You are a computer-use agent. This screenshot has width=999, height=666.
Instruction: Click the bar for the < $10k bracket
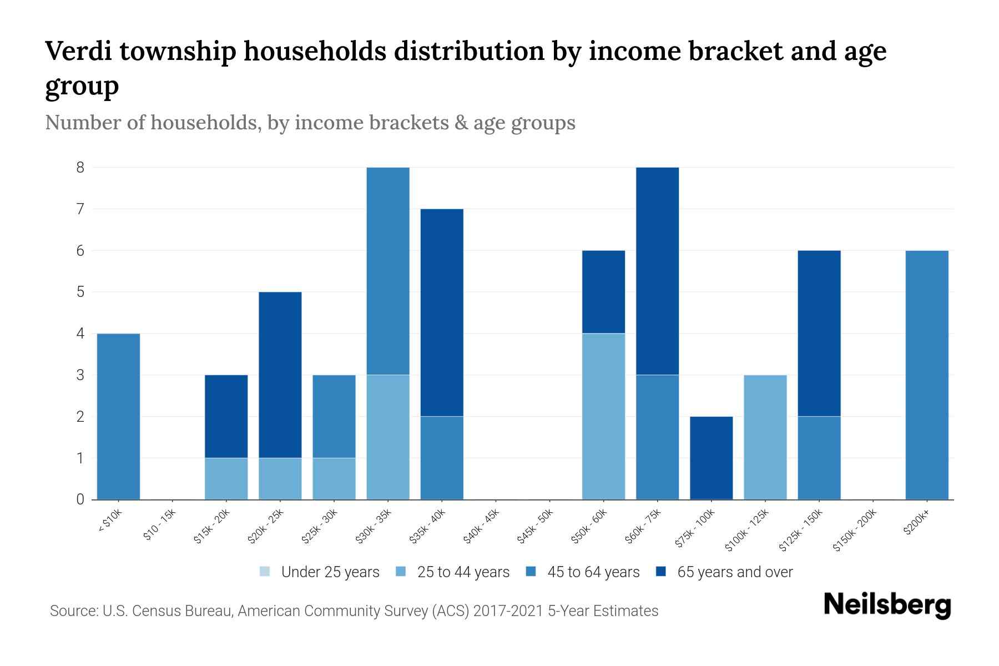(118, 416)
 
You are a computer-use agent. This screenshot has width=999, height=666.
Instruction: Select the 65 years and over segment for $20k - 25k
(280, 375)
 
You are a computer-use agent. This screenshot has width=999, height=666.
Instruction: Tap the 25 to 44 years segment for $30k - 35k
(388, 437)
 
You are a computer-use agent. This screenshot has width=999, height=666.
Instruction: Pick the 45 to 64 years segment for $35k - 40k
(442, 458)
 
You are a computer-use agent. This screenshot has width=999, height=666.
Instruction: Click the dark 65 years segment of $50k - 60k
(603, 292)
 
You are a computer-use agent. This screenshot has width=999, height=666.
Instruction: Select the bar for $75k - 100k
(711, 458)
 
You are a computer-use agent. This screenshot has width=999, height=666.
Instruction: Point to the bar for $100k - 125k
(765, 437)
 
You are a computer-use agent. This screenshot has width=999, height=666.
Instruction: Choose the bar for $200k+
(927, 375)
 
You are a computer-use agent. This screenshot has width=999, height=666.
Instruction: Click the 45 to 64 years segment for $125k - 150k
(819, 458)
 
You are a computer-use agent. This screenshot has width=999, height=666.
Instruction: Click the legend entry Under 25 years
(330, 572)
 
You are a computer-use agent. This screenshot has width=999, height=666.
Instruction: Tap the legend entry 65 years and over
(734, 572)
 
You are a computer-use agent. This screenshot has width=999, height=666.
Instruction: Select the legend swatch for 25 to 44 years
(401, 572)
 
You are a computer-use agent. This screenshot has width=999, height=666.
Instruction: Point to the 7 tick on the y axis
(80, 209)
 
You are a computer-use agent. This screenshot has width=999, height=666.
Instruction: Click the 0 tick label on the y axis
(80, 500)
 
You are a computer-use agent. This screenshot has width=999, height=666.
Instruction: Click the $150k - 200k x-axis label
(855, 530)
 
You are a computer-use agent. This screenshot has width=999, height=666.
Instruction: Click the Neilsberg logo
(887, 605)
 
